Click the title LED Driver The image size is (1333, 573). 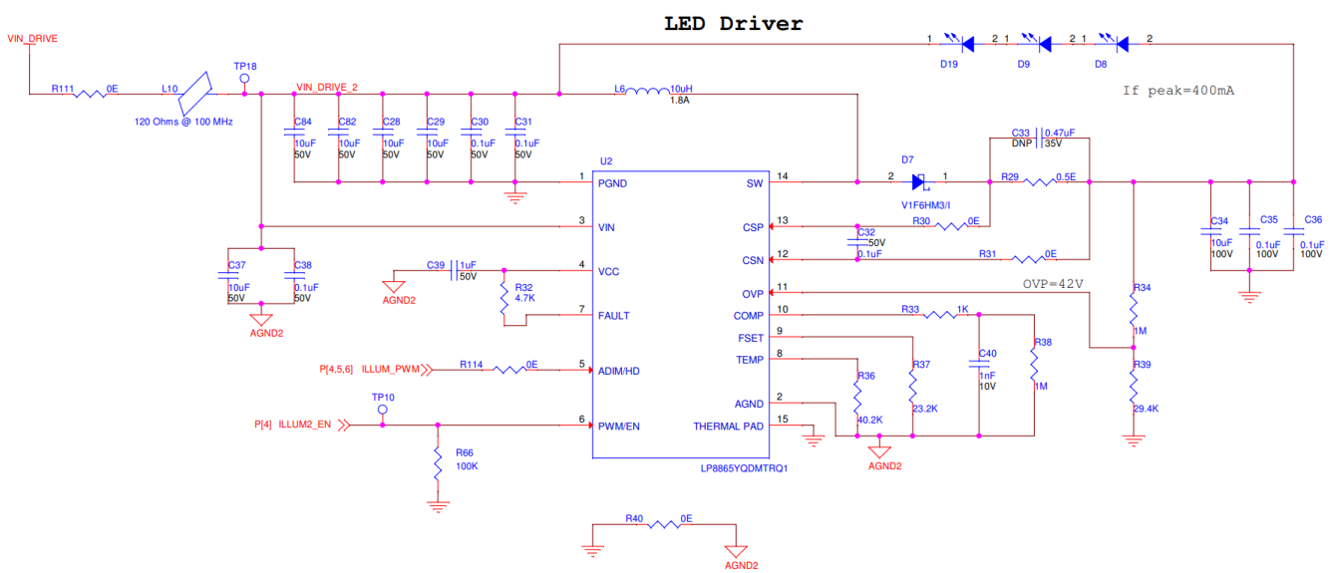(x=733, y=23)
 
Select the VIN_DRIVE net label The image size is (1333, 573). (x=32, y=39)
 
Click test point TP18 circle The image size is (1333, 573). (x=245, y=78)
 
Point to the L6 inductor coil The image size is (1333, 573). (x=648, y=93)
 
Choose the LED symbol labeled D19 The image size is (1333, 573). (x=965, y=44)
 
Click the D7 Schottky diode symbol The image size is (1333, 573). (x=919, y=182)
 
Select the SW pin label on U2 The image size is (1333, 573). (x=754, y=183)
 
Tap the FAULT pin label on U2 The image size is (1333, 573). (x=613, y=316)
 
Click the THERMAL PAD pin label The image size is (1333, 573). (x=728, y=427)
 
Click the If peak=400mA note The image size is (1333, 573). (x=1177, y=90)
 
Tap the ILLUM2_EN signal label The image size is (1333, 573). (x=304, y=426)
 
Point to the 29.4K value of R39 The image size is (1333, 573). (x=1145, y=408)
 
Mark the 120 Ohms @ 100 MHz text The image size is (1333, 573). (x=183, y=122)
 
